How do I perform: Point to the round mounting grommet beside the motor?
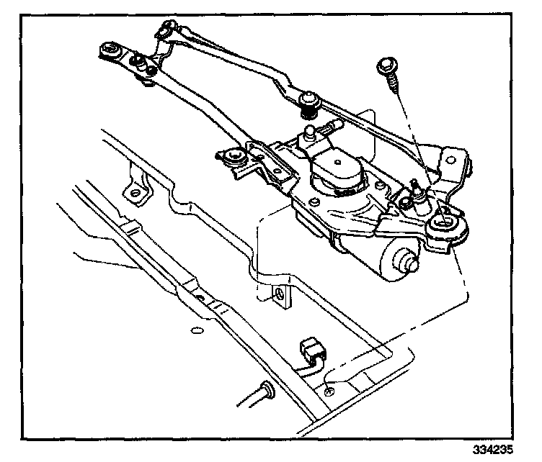tap(444, 230)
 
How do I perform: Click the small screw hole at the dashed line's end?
tap(329, 391)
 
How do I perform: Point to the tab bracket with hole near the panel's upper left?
tap(135, 191)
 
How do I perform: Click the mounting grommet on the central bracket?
tap(234, 155)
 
